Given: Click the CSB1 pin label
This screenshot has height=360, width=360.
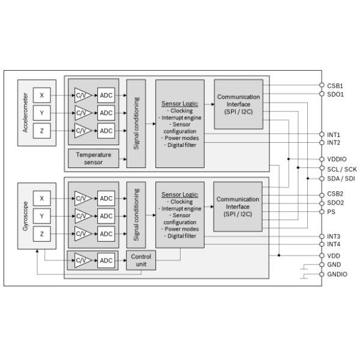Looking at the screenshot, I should [x=335, y=86].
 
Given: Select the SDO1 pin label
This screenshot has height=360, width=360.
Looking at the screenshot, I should [x=335, y=94].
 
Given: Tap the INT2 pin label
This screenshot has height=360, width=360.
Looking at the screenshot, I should [x=334, y=143].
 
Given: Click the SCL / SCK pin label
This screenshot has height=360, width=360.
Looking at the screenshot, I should [x=341, y=169].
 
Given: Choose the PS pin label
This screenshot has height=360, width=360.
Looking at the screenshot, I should [x=331, y=211].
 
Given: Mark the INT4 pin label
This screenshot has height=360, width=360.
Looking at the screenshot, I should [x=334, y=244].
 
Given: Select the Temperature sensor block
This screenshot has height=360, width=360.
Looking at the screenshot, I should [x=94, y=158].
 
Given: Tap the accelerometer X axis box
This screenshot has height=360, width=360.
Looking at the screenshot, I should [x=41, y=95].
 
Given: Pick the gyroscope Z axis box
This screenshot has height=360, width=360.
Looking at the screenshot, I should [x=41, y=234].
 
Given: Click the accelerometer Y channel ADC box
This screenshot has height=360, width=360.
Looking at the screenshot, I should [x=106, y=113].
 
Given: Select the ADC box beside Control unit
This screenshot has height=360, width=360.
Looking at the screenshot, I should [x=106, y=260].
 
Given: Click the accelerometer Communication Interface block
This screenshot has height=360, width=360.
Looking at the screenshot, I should [x=238, y=104].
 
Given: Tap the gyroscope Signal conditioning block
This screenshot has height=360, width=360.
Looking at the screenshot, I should [x=136, y=214].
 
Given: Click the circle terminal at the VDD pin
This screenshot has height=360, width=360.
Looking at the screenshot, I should [x=322, y=255].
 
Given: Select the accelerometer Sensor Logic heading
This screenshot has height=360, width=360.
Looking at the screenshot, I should [x=179, y=103].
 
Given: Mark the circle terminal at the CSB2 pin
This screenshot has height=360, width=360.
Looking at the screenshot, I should [x=322, y=194].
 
